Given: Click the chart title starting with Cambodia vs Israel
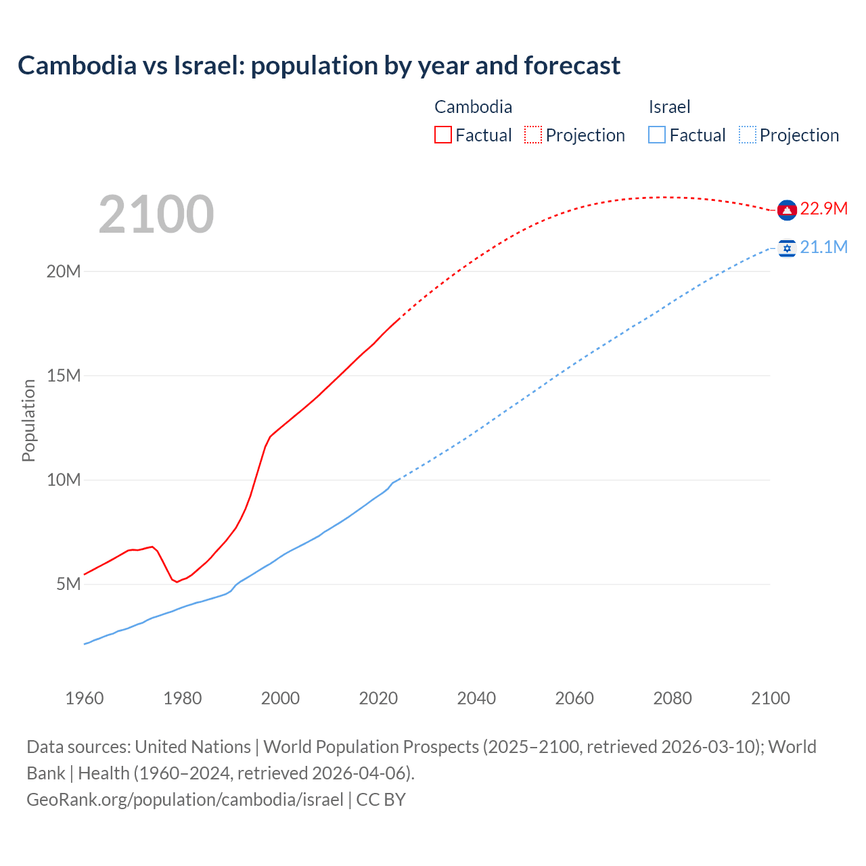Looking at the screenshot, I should [x=319, y=66].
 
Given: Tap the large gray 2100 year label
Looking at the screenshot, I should [x=156, y=214].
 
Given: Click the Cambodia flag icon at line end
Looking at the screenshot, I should [x=786, y=210].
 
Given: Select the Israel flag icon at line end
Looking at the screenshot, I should [x=786, y=249].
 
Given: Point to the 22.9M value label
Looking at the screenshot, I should [x=823, y=208].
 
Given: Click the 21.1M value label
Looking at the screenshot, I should [x=823, y=247].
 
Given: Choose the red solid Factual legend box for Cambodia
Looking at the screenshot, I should [x=443, y=135].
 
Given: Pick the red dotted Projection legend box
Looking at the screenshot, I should [x=533, y=135].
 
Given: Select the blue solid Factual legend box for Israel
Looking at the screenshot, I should [x=657, y=135].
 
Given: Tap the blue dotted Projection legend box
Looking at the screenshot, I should [x=748, y=135].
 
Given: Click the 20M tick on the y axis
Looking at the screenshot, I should [x=64, y=271].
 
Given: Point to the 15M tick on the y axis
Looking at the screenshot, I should [x=64, y=375].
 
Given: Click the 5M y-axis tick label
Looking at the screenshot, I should [x=68, y=584].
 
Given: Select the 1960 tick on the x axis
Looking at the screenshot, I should [x=85, y=698].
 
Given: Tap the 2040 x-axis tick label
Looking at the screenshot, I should [x=476, y=698].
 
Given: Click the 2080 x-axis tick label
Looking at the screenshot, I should [x=673, y=698].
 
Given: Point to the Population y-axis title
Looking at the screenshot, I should [x=28, y=420].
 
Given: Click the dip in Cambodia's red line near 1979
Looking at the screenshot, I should [x=177, y=582].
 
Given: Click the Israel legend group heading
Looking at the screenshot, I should [x=669, y=107].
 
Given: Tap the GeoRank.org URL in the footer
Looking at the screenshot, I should [x=185, y=800].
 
